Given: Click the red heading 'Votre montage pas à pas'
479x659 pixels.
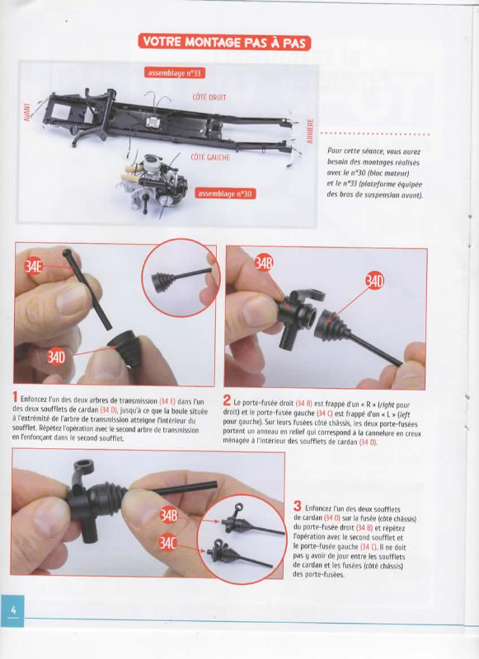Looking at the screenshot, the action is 224,43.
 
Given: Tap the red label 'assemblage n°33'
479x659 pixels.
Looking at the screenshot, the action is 175,72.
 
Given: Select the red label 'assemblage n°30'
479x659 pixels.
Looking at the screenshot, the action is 225,194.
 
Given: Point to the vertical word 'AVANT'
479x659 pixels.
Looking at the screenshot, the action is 27,112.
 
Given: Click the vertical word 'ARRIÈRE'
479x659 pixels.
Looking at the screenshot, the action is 310,131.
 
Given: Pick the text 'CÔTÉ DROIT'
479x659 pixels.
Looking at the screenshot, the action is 209,97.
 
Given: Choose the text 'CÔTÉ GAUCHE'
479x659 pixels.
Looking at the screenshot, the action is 210,157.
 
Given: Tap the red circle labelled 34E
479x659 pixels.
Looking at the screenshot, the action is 33,266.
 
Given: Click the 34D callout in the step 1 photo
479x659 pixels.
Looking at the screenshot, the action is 56,358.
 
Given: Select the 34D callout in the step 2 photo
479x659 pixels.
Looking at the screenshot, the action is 374,281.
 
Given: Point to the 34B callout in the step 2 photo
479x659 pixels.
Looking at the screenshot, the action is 264,264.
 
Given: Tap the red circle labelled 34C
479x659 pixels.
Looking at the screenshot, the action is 167,544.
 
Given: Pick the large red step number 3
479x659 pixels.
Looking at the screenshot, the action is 298,506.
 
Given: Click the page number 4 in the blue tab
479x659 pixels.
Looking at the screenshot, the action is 13,610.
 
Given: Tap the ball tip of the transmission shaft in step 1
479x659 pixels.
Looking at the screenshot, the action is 67,253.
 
